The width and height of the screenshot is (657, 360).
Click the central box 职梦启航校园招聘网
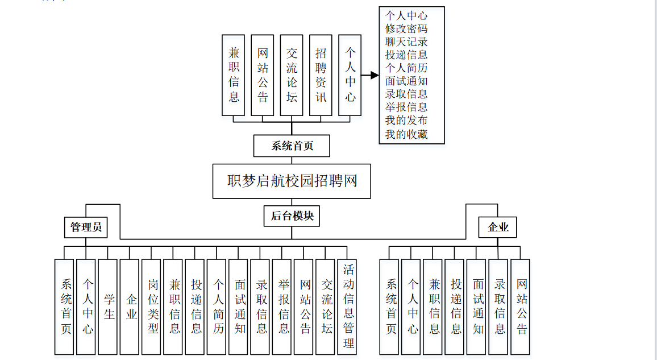point(292,181)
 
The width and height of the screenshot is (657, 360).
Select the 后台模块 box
point(292,216)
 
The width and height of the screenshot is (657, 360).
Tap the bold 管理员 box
point(86,228)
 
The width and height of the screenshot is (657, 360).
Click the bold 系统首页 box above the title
point(292,146)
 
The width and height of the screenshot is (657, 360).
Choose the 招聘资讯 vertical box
point(321,75)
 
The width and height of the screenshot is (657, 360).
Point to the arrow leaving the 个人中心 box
point(371,75)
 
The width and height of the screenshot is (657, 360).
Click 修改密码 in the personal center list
point(406,28)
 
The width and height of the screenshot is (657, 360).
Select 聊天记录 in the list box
point(406,42)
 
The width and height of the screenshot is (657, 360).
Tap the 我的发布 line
point(406,121)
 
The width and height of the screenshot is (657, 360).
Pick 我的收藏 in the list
point(406,134)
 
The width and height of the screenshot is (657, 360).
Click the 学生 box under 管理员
point(108,307)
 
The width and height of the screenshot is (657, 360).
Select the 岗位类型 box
point(152,307)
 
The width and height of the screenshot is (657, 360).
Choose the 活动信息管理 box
point(347,307)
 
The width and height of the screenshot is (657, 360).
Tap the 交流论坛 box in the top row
point(292,75)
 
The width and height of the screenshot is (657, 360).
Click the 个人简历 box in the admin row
point(217,307)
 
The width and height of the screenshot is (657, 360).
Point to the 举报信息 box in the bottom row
point(282,307)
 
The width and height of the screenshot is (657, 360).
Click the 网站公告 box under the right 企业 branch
point(520,307)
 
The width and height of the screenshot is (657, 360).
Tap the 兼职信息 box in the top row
point(234,75)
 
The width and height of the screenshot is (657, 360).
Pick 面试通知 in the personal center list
point(406,81)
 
